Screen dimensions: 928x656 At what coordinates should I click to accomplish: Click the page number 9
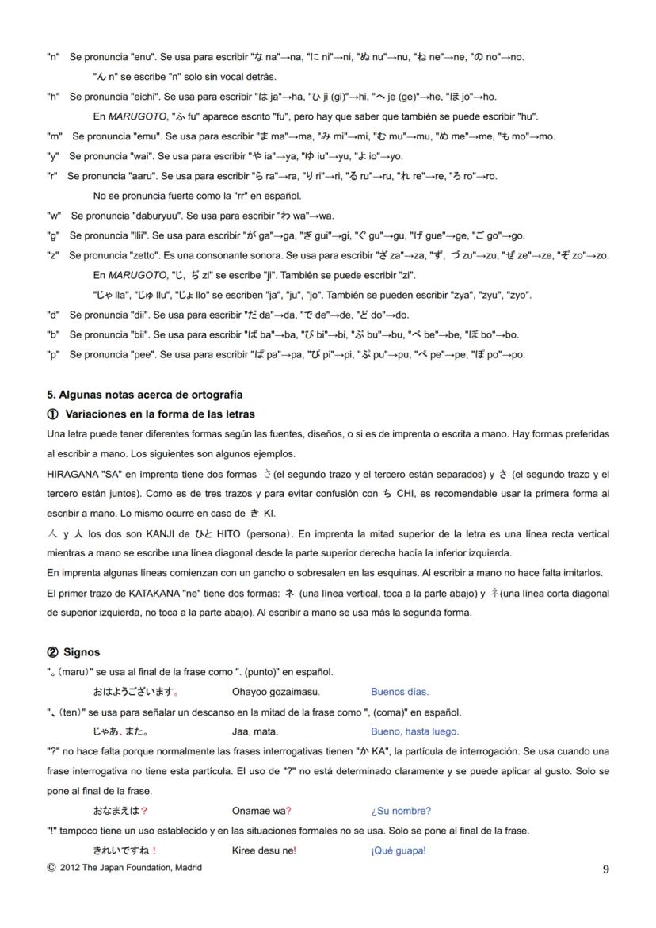(x=605, y=869)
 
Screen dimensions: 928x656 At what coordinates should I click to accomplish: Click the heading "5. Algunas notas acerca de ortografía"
(x=145, y=395)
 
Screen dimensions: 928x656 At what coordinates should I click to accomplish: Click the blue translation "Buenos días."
(x=399, y=692)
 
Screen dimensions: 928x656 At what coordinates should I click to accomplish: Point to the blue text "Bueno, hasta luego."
(x=414, y=731)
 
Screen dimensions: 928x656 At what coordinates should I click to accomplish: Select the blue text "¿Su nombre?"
(x=401, y=811)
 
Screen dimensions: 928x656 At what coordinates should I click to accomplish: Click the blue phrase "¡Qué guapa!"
(x=398, y=850)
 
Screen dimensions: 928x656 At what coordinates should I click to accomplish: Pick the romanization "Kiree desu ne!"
(x=264, y=850)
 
